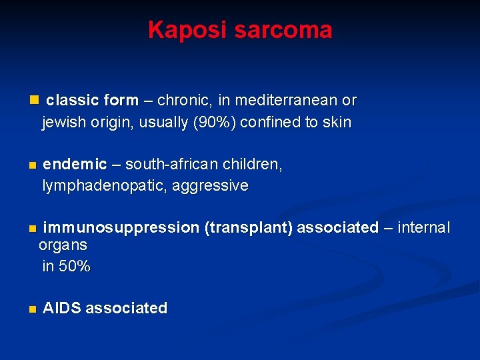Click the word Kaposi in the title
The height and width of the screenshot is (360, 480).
pos(182,30)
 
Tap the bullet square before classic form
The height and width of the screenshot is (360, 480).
pos(35,100)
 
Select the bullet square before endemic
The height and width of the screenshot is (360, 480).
pos(31,165)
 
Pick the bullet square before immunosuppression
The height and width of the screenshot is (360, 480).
pos(31,229)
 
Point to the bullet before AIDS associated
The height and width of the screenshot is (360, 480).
pos(31,309)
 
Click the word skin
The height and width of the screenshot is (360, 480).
pos(336,123)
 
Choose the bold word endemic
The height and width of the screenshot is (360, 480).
pos(75,165)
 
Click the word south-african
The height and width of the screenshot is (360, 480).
pos(166,165)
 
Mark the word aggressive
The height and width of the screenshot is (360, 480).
pos(210,186)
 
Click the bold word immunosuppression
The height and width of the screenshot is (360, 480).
pos(121,228)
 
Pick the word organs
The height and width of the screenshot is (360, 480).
pos(63,245)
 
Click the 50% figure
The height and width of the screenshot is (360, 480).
pos(75,267)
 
